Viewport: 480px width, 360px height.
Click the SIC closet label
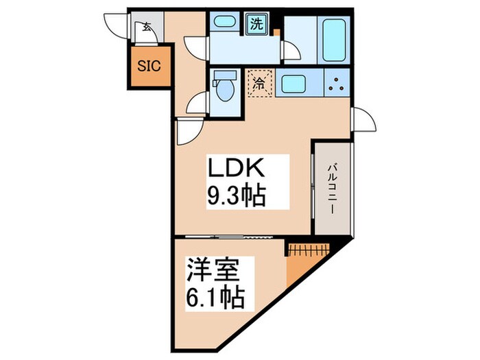tap(149, 67)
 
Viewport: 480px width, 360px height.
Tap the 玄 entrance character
tap(147, 27)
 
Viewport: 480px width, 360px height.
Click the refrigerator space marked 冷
tap(260, 85)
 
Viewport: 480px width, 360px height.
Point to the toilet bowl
tap(223, 87)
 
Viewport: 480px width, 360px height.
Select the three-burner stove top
tap(336, 84)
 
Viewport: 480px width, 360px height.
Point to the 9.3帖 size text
tap(236, 197)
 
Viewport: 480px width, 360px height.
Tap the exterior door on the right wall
tap(363, 121)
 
